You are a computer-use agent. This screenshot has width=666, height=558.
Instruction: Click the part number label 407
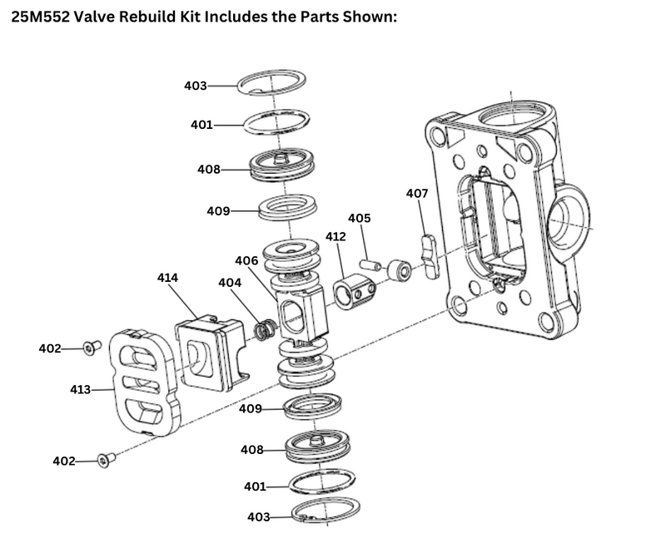(417, 193)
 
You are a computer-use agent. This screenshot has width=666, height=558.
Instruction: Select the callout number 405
(360, 219)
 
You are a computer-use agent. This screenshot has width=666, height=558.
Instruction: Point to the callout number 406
(246, 261)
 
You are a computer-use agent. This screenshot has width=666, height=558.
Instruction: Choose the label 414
(167, 277)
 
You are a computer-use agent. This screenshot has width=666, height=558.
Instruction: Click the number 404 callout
(230, 283)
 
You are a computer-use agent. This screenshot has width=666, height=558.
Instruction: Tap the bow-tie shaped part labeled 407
(430, 256)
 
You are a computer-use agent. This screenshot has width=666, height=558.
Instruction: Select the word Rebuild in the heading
(154, 17)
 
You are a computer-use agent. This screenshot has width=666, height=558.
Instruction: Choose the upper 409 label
(218, 211)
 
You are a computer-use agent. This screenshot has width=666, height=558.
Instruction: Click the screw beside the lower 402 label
(106, 457)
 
